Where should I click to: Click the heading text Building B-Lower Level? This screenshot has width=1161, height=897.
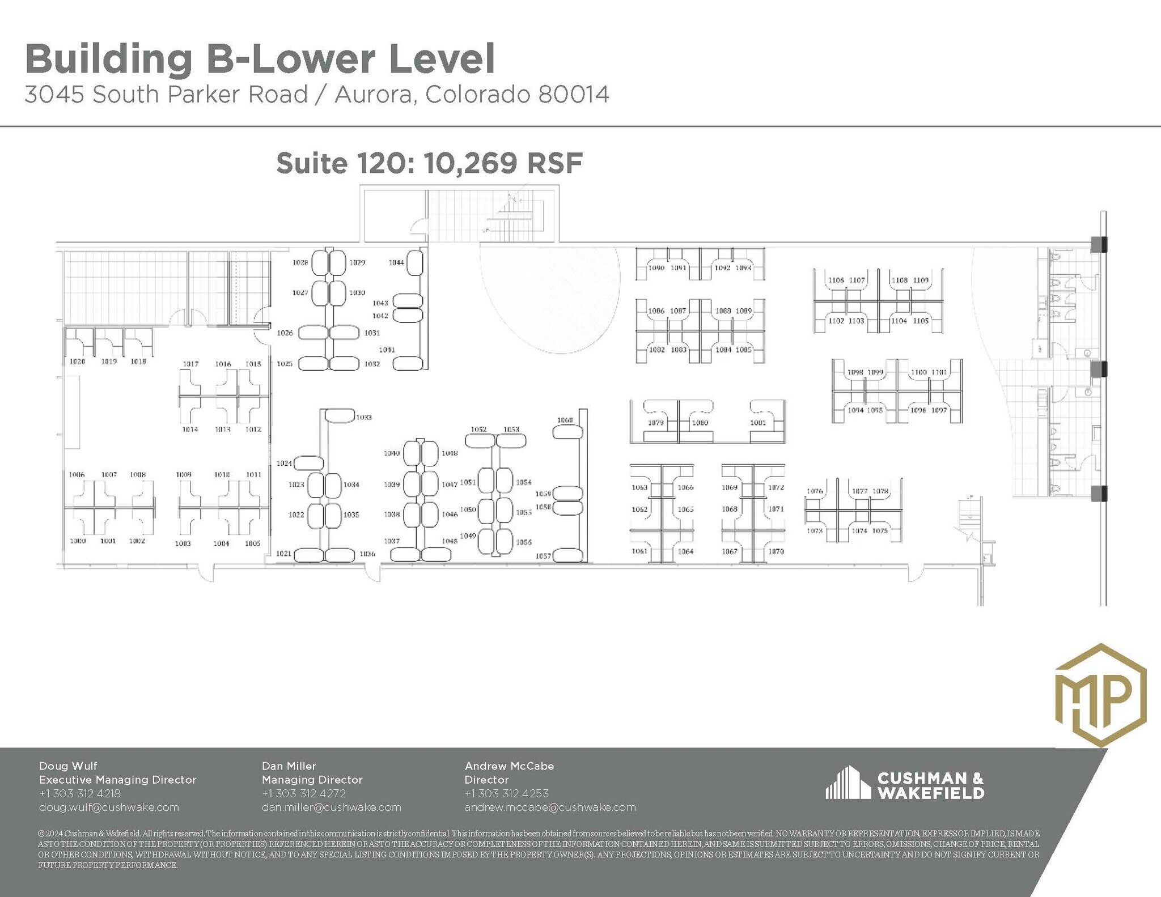[x=260, y=58]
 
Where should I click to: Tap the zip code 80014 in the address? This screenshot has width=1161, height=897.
[x=574, y=95]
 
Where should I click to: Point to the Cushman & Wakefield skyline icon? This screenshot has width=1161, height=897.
[x=848, y=783]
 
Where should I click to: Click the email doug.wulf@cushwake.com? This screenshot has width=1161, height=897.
[x=109, y=807]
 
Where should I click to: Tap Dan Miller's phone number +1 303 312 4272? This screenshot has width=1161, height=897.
[x=304, y=793]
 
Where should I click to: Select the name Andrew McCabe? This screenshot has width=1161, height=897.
[x=509, y=766]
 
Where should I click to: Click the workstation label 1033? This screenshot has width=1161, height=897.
[x=364, y=417]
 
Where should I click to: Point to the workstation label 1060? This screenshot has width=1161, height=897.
[x=565, y=420]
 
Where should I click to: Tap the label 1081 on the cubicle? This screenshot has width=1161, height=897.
[x=758, y=423]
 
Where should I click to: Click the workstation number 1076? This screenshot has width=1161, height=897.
[x=815, y=491]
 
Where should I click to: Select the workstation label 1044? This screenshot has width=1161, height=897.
[x=396, y=262]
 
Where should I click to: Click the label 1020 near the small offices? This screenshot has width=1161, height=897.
[x=77, y=362]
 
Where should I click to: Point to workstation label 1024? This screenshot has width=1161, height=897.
[x=284, y=464]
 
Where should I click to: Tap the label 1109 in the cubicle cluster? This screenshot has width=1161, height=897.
[x=921, y=280]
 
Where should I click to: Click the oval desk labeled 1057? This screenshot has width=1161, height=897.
[x=569, y=555]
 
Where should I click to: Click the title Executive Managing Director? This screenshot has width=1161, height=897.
[x=117, y=780]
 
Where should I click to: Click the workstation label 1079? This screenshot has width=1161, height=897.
[x=655, y=423]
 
